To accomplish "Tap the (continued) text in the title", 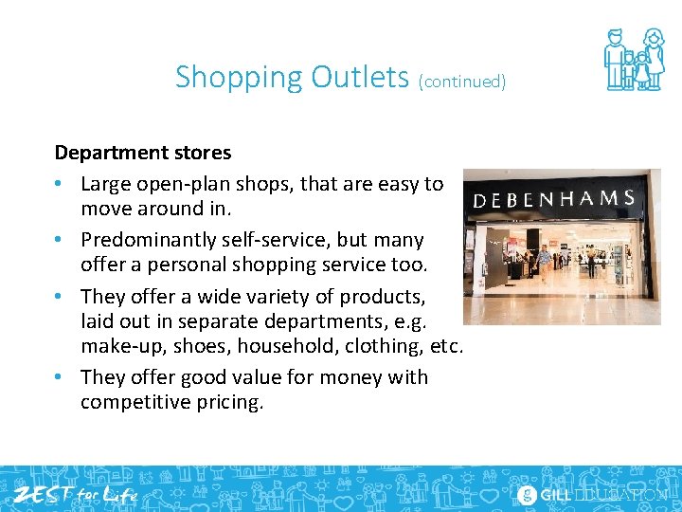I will [x=462, y=82].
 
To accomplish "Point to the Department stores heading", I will [x=143, y=152].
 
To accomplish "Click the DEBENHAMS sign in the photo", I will [x=554, y=199].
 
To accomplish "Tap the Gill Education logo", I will [x=592, y=494].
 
